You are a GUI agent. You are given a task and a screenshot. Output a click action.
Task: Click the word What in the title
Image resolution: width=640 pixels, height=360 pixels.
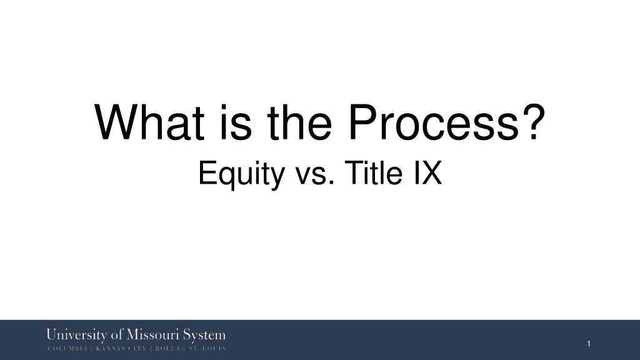click(149, 122)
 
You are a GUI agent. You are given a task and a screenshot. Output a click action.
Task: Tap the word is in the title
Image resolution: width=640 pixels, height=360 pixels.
click(236, 122)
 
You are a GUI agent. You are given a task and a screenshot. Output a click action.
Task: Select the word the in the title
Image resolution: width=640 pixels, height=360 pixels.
click(299, 122)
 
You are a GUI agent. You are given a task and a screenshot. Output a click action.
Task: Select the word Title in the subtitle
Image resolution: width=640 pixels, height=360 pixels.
click(374, 172)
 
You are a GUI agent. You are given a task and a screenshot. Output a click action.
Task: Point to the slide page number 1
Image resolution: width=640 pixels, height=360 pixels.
click(589, 344)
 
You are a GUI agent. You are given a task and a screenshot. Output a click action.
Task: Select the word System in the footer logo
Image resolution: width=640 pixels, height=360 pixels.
click(204, 335)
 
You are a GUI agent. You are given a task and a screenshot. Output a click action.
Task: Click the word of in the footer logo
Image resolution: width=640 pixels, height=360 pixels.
click(117, 335)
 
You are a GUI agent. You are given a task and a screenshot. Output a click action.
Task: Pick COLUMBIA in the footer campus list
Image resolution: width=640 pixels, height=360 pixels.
click(67, 349)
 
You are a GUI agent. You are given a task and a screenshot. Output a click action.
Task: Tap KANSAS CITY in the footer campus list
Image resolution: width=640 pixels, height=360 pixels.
click(121, 349)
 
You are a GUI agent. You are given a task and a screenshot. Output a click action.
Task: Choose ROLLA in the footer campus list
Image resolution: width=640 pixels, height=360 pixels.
click(167, 349)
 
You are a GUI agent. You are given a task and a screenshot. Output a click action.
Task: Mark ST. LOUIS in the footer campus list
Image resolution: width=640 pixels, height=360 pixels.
click(207, 349)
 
